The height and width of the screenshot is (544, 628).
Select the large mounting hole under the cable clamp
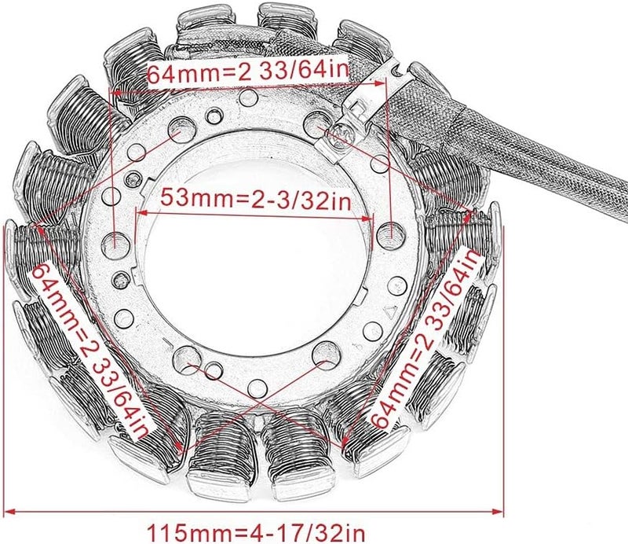(318, 122)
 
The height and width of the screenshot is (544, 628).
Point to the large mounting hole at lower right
(323, 356)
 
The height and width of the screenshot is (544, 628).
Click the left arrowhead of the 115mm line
(16, 512)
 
